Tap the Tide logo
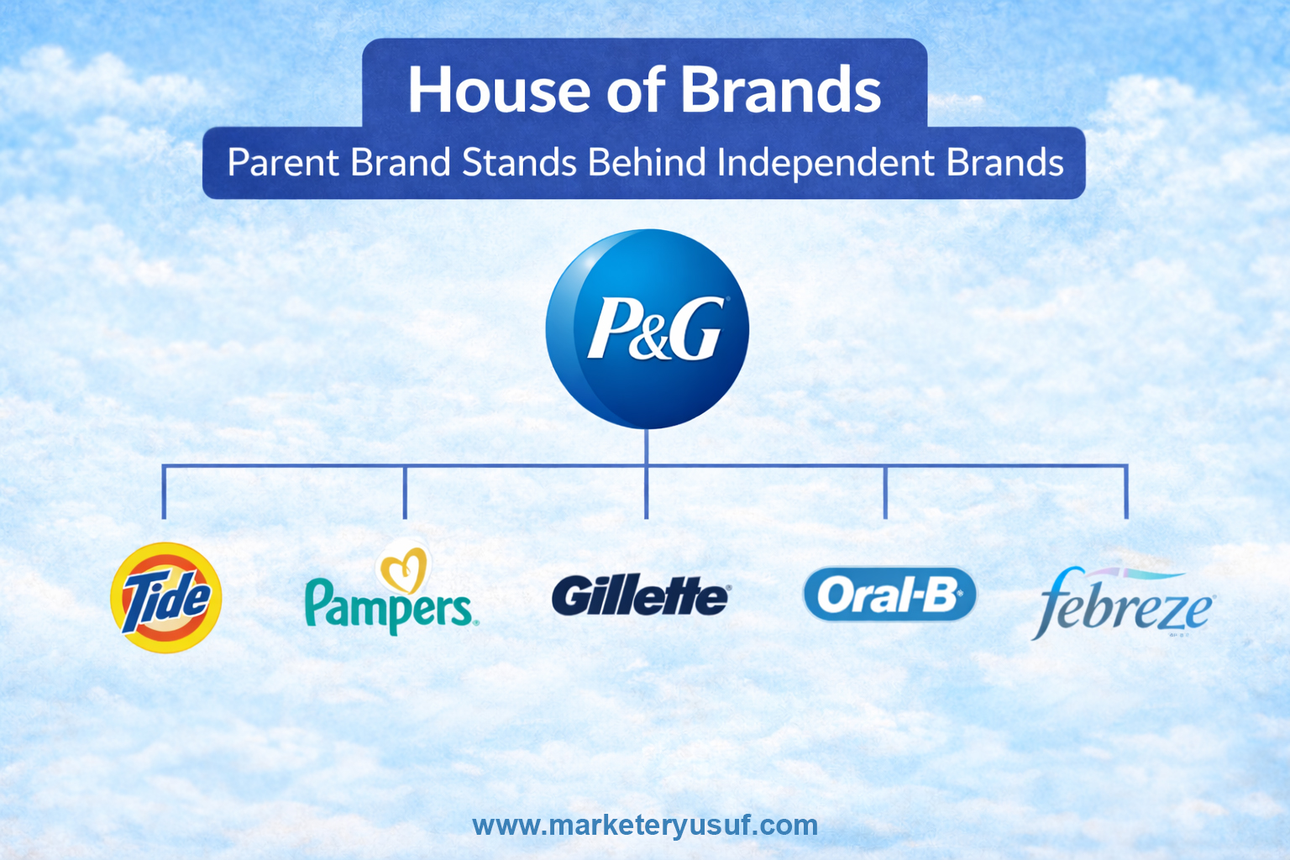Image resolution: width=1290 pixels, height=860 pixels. tap(166, 598)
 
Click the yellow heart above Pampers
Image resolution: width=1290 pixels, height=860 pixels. tap(405, 570)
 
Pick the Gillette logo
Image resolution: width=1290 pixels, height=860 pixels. tap(641, 596)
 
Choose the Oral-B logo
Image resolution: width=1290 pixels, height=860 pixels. tap(889, 595)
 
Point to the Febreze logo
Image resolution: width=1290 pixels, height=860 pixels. tap(1124, 605)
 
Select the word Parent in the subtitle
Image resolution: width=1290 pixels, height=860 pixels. tap(283, 163)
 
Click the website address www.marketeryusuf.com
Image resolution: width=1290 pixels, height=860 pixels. tap(645, 826)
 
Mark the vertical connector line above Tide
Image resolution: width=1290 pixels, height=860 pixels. tap(164, 493)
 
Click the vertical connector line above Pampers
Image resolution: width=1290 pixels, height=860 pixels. tap(405, 493)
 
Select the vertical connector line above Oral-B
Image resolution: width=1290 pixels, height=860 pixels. tap(885, 493)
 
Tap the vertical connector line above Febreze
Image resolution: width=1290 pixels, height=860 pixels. tap(1126, 493)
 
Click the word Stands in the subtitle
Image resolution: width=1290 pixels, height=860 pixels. tap(519, 163)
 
